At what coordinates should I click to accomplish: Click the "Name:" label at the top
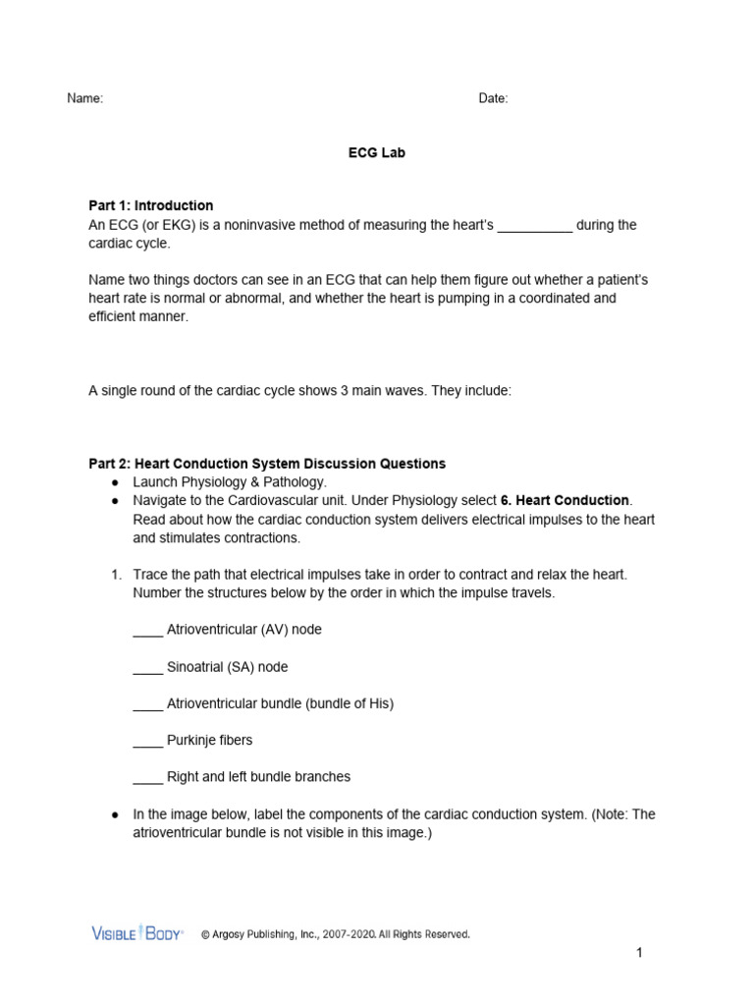point(84,98)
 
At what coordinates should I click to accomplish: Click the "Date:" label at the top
point(493,98)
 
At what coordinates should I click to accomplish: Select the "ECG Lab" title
point(377,153)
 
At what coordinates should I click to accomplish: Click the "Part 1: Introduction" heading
point(150,205)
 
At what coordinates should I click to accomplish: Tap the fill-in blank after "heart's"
point(535,226)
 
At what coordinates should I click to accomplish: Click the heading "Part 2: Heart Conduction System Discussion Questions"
point(267,463)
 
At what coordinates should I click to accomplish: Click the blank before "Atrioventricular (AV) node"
point(147,631)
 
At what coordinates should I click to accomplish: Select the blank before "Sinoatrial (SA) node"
point(147,668)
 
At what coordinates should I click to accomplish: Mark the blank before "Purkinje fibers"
point(147,742)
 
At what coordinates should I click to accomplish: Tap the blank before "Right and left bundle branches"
point(147,778)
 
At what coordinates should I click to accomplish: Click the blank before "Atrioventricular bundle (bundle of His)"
point(147,705)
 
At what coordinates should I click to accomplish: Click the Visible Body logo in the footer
point(136,933)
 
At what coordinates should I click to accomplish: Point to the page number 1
point(638,953)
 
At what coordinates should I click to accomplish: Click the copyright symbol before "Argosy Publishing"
point(206,934)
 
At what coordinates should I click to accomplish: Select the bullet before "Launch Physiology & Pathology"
point(115,482)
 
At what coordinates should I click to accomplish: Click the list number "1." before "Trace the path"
point(116,575)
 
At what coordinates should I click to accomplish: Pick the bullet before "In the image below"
point(115,814)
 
